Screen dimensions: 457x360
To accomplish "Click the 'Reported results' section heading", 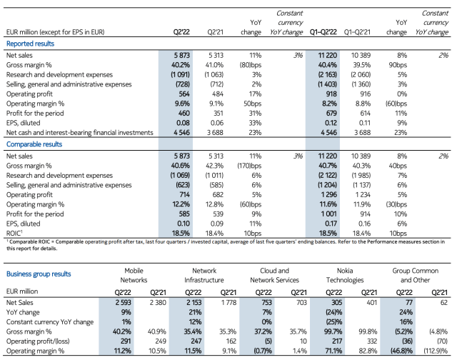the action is [x=30, y=44].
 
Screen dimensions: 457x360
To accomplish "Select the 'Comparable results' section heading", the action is [x=34, y=144].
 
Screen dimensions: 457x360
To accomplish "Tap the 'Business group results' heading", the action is [x=39, y=274].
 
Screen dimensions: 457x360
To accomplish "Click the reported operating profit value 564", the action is [x=184, y=94].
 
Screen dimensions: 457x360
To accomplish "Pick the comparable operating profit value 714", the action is [x=184, y=194].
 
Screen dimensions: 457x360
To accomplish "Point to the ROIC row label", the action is [x=14, y=233].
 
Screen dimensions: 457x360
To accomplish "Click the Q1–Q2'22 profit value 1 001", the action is [x=328, y=214].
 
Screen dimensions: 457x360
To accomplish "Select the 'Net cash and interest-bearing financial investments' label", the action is [x=79, y=133].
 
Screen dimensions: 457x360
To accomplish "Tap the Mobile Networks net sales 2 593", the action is [x=123, y=303].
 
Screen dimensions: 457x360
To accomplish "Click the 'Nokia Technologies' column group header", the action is [x=345, y=276].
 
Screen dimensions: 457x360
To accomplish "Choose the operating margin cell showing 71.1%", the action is [x=333, y=351].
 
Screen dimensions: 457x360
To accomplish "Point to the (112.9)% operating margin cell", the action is [x=436, y=351].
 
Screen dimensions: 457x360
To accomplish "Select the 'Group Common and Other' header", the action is [x=416, y=276].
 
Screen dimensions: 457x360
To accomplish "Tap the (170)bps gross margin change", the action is [x=249, y=166].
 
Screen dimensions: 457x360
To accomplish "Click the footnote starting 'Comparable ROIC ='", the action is [x=226, y=245].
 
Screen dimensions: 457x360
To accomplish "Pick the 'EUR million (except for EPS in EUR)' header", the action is [x=56, y=32].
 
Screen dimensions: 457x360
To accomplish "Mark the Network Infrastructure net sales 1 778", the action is [x=228, y=303].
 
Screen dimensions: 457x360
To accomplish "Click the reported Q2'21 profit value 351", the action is [x=218, y=113].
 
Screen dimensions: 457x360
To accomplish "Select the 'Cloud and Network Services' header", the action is [x=274, y=276].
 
